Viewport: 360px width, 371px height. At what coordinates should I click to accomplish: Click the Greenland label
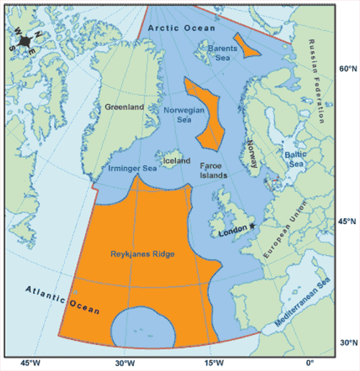(125, 107)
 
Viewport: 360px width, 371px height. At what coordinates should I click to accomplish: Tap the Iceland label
(176, 161)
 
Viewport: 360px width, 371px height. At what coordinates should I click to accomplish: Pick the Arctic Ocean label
(181, 27)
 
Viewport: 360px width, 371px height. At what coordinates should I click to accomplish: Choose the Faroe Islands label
(213, 170)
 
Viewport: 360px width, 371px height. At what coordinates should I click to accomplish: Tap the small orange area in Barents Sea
(250, 46)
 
